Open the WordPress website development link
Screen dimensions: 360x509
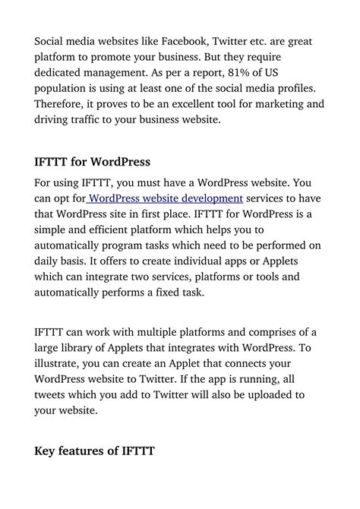(x=167, y=198)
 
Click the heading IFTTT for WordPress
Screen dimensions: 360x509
(x=93, y=162)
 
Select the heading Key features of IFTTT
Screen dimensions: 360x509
(x=95, y=451)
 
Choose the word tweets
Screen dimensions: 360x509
(x=53, y=395)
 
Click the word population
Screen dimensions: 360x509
(x=64, y=88)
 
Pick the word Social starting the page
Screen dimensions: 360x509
(x=52, y=40)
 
